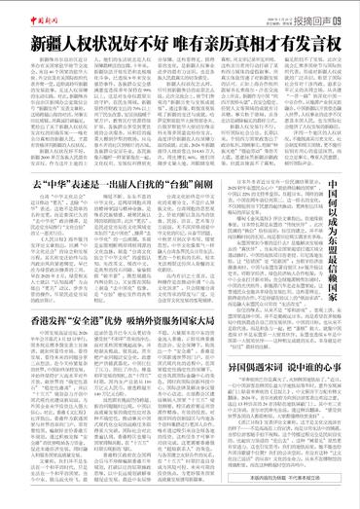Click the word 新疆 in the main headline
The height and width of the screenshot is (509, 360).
coord(46,44)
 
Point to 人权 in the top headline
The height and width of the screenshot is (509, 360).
coord(81,44)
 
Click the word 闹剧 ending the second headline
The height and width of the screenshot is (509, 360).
coord(216,211)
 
